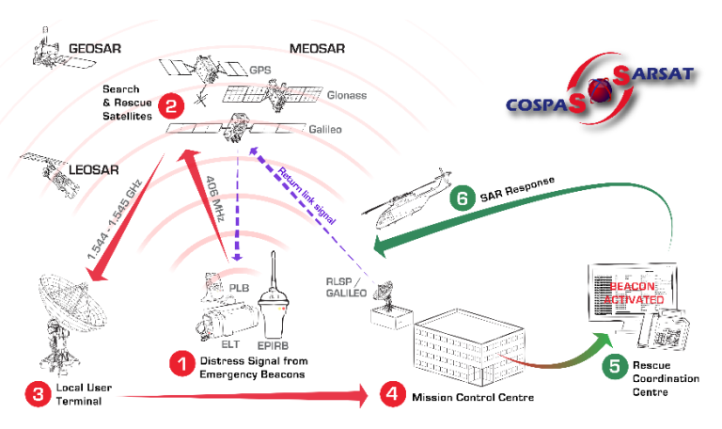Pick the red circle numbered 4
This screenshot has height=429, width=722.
(x=392, y=393)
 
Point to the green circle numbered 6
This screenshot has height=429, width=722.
(x=462, y=199)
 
